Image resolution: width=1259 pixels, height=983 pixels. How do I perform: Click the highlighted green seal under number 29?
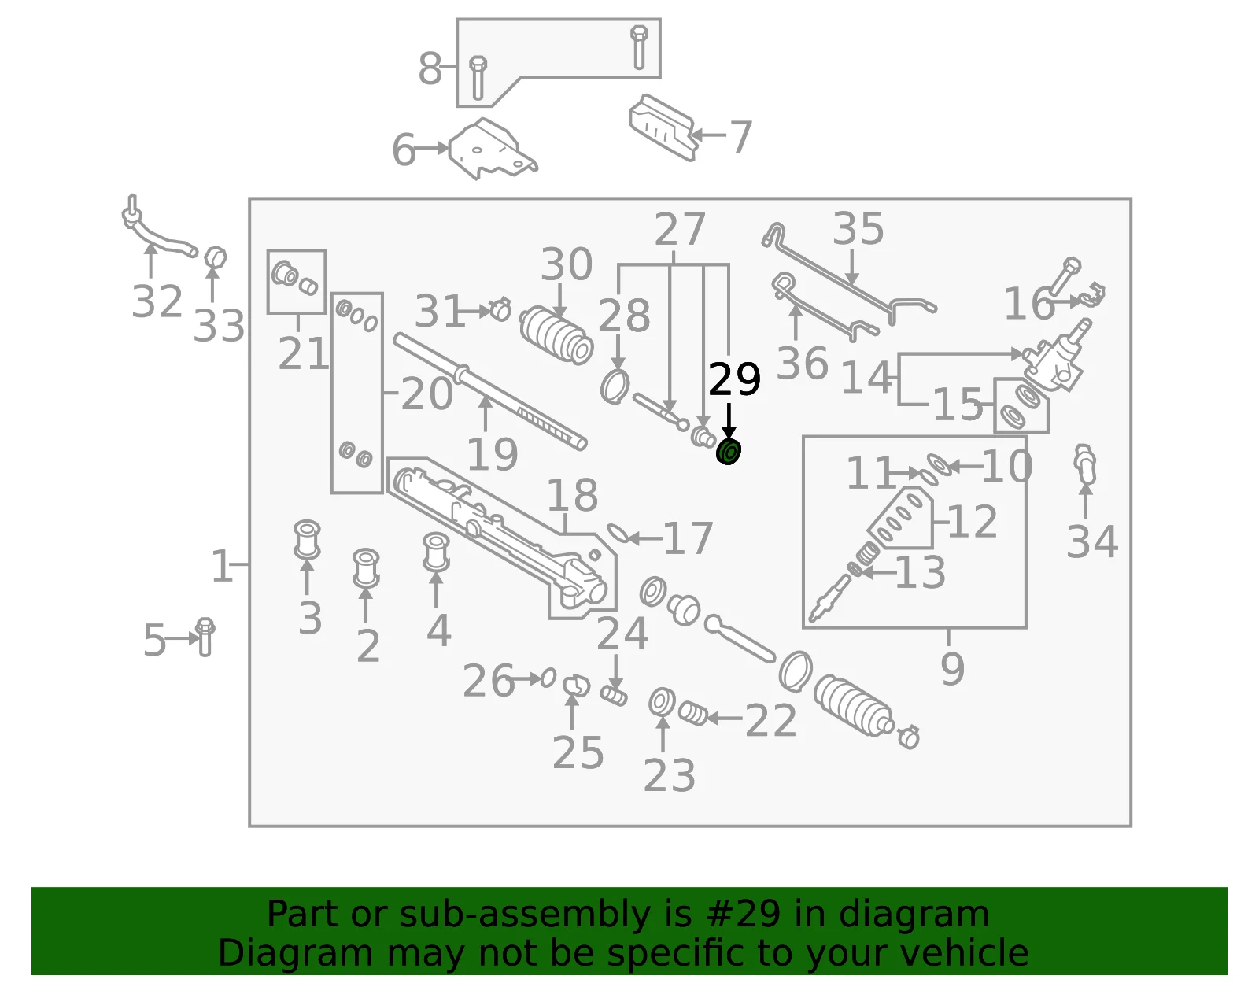[729, 452]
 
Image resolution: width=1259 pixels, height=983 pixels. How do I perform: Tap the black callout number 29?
[734, 379]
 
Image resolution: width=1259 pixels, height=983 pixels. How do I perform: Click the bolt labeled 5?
[205, 637]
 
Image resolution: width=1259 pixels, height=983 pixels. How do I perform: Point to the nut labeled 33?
[216, 258]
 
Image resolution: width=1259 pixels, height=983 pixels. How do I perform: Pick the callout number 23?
[669, 775]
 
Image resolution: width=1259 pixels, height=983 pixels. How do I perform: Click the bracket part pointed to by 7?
[662, 127]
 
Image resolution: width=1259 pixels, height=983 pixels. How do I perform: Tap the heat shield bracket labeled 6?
[493, 150]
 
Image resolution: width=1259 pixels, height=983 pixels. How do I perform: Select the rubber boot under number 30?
[556, 335]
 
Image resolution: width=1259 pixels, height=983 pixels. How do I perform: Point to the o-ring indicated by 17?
[616, 534]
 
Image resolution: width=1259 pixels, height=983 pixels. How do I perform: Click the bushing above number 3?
[307, 540]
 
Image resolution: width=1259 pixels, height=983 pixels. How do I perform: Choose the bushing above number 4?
[436, 552]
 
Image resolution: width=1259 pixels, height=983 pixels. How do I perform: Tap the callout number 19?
[492, 454]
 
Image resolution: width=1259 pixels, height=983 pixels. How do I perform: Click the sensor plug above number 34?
[1084, 464]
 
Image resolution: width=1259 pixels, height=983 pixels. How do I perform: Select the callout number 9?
[952, 669]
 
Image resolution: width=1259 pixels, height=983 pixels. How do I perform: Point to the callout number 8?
[430, 68]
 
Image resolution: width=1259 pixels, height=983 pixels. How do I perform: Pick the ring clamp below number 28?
[615, 387]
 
